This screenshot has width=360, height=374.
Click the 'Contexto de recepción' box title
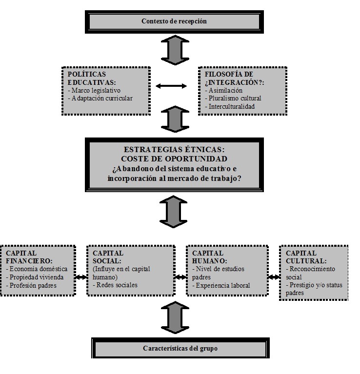coord(174,21)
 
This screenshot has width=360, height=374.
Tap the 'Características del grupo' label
coord(180,348)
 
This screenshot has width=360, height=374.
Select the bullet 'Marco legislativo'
coord(94,90)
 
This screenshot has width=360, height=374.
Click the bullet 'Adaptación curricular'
coord(100,98)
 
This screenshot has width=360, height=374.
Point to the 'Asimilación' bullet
coord(223,90)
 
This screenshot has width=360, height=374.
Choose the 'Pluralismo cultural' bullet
coord(233,98)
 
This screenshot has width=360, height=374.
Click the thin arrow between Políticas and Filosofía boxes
coord(171,86)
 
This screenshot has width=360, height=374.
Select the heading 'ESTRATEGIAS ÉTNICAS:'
coord(174,149)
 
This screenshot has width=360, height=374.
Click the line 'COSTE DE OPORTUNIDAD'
coord(174,159)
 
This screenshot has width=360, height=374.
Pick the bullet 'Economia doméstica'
coord(37,269)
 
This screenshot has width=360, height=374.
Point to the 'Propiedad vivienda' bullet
coord(35,277)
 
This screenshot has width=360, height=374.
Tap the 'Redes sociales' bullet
coord(115,285)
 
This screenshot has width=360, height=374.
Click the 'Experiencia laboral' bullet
coord(221,285)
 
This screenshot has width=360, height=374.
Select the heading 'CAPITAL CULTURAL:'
coord(306,257)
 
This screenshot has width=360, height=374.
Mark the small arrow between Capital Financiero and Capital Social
coord(81,277)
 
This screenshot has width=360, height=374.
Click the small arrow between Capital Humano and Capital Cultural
coord(274,277)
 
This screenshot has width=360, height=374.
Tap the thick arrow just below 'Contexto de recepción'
coord(175,50)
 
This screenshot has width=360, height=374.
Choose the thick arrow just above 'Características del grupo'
coord(175,317)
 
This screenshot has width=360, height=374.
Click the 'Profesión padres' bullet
coord(31,286)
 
